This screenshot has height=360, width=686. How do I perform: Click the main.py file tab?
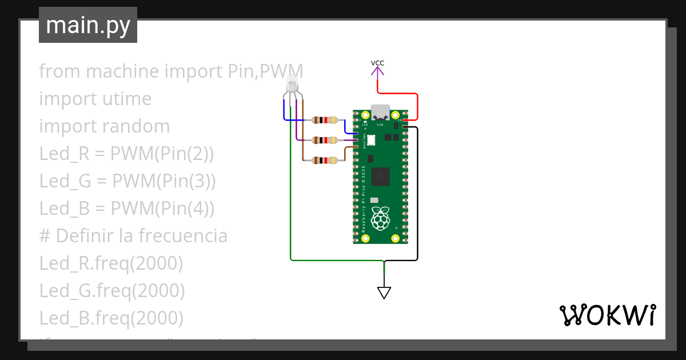pos(87,25)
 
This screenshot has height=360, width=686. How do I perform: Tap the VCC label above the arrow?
pos(377,63)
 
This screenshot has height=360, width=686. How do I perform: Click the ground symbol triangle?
pos(384,293)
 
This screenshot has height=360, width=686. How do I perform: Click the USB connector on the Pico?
pos(380,112)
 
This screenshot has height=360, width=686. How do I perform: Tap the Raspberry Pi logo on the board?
pos(380,218)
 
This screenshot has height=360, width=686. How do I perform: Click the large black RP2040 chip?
pos(380,177)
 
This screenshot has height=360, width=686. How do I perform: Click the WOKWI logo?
pos(607,315)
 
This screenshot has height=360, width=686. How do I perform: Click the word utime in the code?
pos(127,99)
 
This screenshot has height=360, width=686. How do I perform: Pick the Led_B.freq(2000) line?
pos(111,318)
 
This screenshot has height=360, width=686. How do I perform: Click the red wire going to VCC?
pos(417,106)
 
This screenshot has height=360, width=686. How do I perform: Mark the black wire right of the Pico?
pos(418,194)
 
